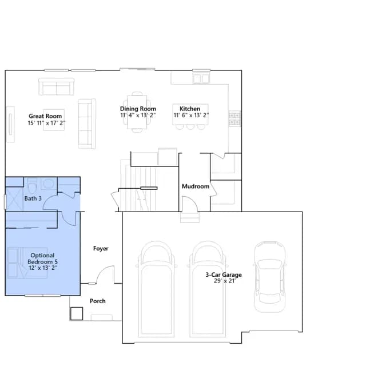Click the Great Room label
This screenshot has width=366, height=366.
tap(45, 116)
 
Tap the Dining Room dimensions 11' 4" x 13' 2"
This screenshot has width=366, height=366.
tap(138, 116)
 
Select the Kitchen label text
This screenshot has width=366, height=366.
tap(190, 109)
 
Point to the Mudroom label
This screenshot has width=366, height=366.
tap(196, 186)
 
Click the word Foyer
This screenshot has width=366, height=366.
tap(101, 248)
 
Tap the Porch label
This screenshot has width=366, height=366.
tap(98, 301)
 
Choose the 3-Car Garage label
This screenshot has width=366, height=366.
tap(224, 274)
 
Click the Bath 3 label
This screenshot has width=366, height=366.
tap(33, 198)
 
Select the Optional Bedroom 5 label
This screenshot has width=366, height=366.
tap(42, 258)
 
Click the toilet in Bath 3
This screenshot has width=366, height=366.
tap(31, 186)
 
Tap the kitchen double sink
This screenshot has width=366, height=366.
tap(201, 78)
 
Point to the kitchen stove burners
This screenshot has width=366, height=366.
tap(234, 118)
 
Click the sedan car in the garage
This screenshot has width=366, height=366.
tap(269, 277)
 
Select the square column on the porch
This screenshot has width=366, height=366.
tap(77, 313)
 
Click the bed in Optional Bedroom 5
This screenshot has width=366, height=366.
tap(27, 263)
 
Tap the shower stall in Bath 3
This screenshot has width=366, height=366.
tap(14, 200)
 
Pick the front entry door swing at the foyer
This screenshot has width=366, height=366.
tap(105, 274)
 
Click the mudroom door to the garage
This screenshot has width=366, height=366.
tap(190, 204)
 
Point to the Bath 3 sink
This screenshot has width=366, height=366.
tap(48, 184)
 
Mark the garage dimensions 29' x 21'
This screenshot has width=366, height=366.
tap(225, 281)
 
